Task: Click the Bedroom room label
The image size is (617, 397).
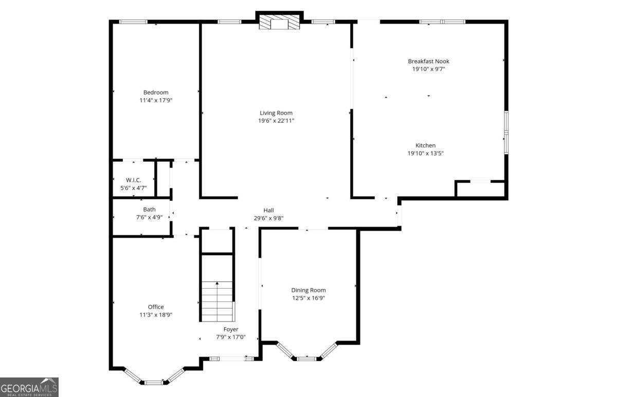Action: click(156, 92)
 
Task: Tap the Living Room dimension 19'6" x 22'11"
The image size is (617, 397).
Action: click(276, 121)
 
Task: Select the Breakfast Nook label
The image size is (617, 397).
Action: click(428, 61)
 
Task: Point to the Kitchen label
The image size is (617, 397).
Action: click(425, 145)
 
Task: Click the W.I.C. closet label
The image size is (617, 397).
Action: click(133, 180)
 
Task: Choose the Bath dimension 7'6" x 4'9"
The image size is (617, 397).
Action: click(149, 217)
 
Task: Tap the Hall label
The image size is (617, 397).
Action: click(268, 210)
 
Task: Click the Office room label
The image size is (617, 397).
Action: click(156, 307)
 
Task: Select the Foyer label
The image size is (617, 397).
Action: click(230, 329)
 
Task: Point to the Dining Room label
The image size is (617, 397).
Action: click(308, 290)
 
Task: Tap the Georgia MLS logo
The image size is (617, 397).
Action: click(29, 387)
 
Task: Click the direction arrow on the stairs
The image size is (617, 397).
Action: click(217, 283)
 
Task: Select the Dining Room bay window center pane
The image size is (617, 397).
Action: click(307, 358)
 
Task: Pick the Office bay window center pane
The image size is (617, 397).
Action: click(153, 382)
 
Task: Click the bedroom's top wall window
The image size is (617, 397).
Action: click(133, 22)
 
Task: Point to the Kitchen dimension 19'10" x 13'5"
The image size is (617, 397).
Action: click(425, 153)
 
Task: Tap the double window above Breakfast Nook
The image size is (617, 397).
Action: click(442, 22)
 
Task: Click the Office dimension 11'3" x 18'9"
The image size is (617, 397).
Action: click(156, 315)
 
